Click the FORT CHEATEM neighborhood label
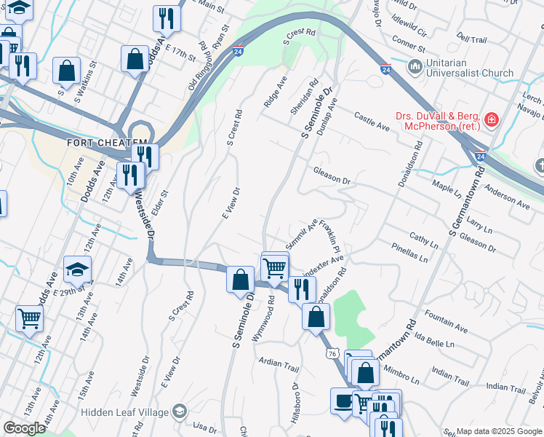click(107, 143)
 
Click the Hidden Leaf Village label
click(124, 412)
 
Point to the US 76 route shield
click(332, 353)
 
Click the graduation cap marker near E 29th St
click(77, 269)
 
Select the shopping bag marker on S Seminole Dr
click(240, 280)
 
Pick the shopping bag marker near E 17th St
click(135, 59)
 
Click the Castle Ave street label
click(372, 122)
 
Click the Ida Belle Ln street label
click(434, 339)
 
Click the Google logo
click(24, 428)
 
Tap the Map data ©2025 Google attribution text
click(499, 431)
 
